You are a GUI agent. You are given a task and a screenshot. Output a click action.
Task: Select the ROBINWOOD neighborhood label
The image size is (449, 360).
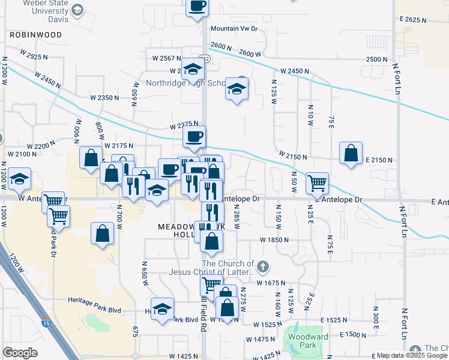(x=35, y=35)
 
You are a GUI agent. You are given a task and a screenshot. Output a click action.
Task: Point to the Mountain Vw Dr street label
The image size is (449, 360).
(x=234, y=28)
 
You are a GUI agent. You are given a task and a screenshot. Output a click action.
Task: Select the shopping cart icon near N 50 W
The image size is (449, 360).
(x=317, y=182)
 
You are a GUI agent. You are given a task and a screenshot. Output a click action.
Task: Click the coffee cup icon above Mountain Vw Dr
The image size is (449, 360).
(x=197, y=6)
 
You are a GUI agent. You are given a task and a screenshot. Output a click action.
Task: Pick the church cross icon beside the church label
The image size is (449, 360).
(x=262, y=265)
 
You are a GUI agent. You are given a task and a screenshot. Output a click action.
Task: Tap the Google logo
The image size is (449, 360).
(x=20, y=353)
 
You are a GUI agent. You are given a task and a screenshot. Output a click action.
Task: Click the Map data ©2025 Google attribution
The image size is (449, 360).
(x=411, y=356)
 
